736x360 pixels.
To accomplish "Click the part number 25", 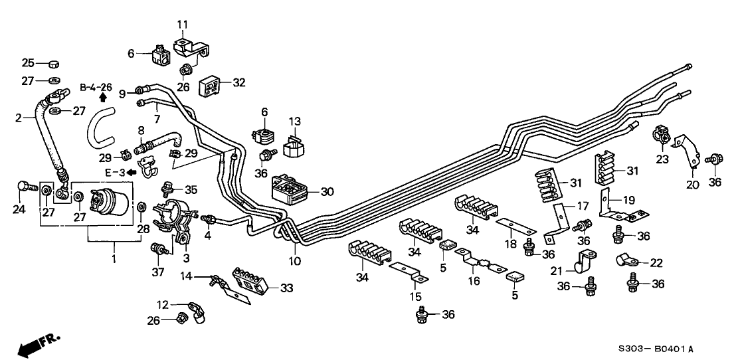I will [x=28, y=63].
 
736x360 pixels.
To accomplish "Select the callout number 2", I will [x=19, y=117].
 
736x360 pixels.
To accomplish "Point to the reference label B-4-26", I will [x=96, y=87].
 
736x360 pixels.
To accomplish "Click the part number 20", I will [x=693, y=185].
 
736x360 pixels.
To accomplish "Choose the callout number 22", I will [x=656, y=264].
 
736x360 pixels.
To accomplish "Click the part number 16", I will [x=474, y=282].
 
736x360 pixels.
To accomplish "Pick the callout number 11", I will [x=183, y=25].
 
